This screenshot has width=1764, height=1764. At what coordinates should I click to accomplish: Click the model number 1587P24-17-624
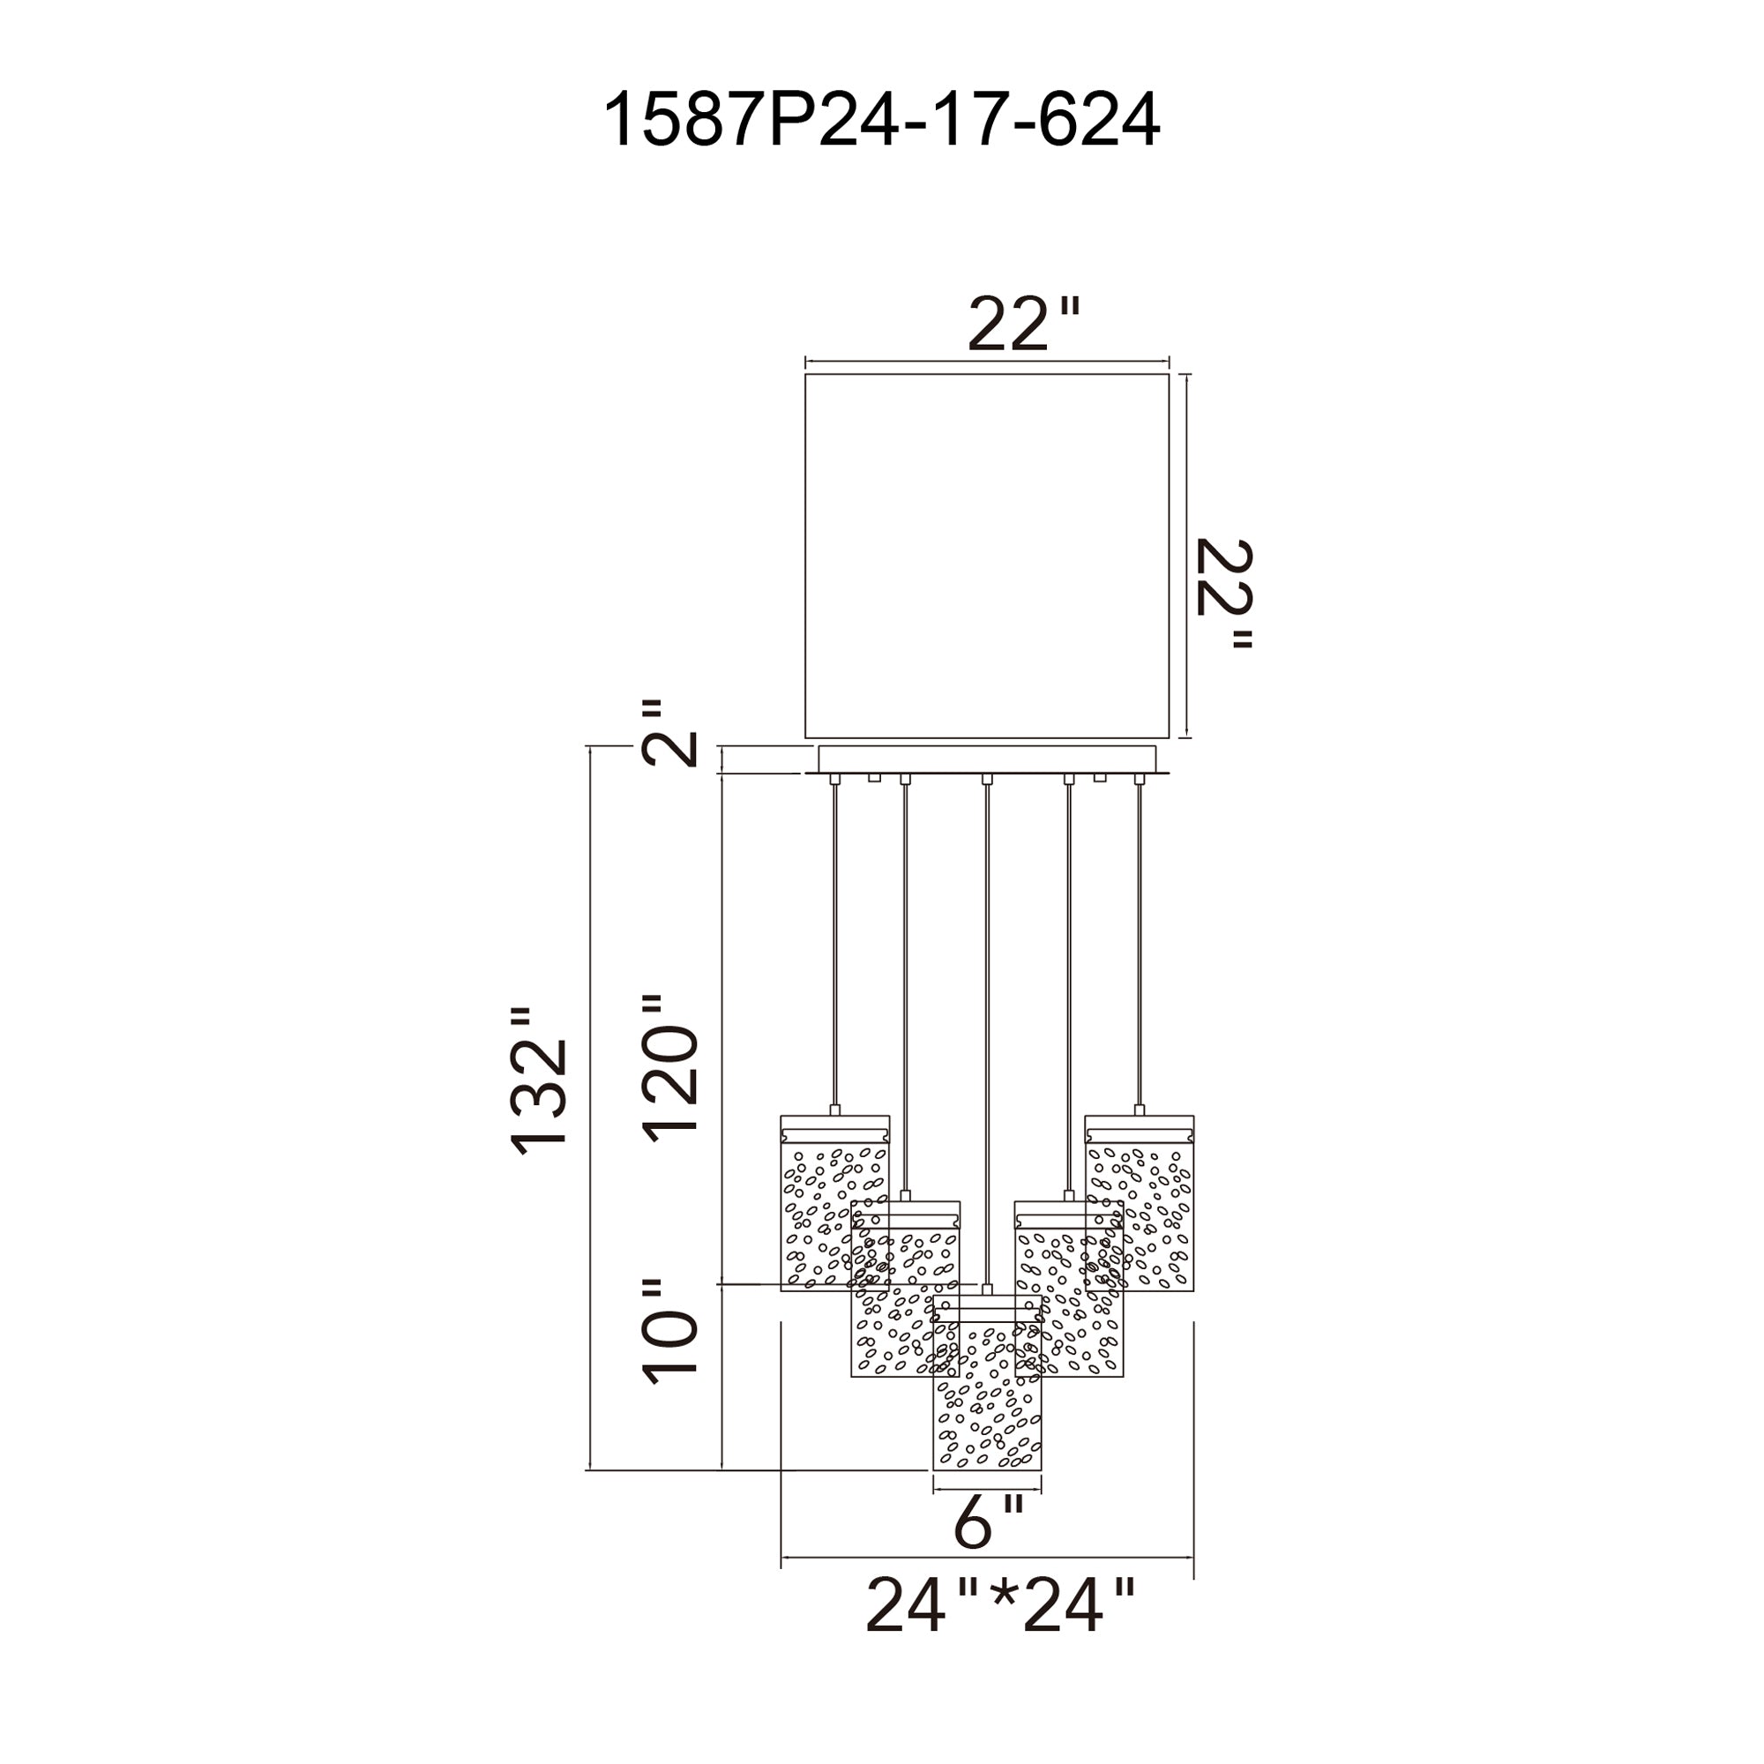(881, 120)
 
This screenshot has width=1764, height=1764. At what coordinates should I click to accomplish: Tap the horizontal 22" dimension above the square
(1022, 324)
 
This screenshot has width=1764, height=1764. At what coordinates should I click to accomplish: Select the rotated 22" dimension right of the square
(1224, 594)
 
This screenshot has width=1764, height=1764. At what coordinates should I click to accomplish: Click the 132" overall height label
(540, 1081)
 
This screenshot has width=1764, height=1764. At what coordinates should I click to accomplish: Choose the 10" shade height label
(671, 1334)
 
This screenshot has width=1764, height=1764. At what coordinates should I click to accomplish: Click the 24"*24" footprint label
(1000, 1605)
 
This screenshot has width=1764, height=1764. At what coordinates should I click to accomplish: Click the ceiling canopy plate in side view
(986, 759)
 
